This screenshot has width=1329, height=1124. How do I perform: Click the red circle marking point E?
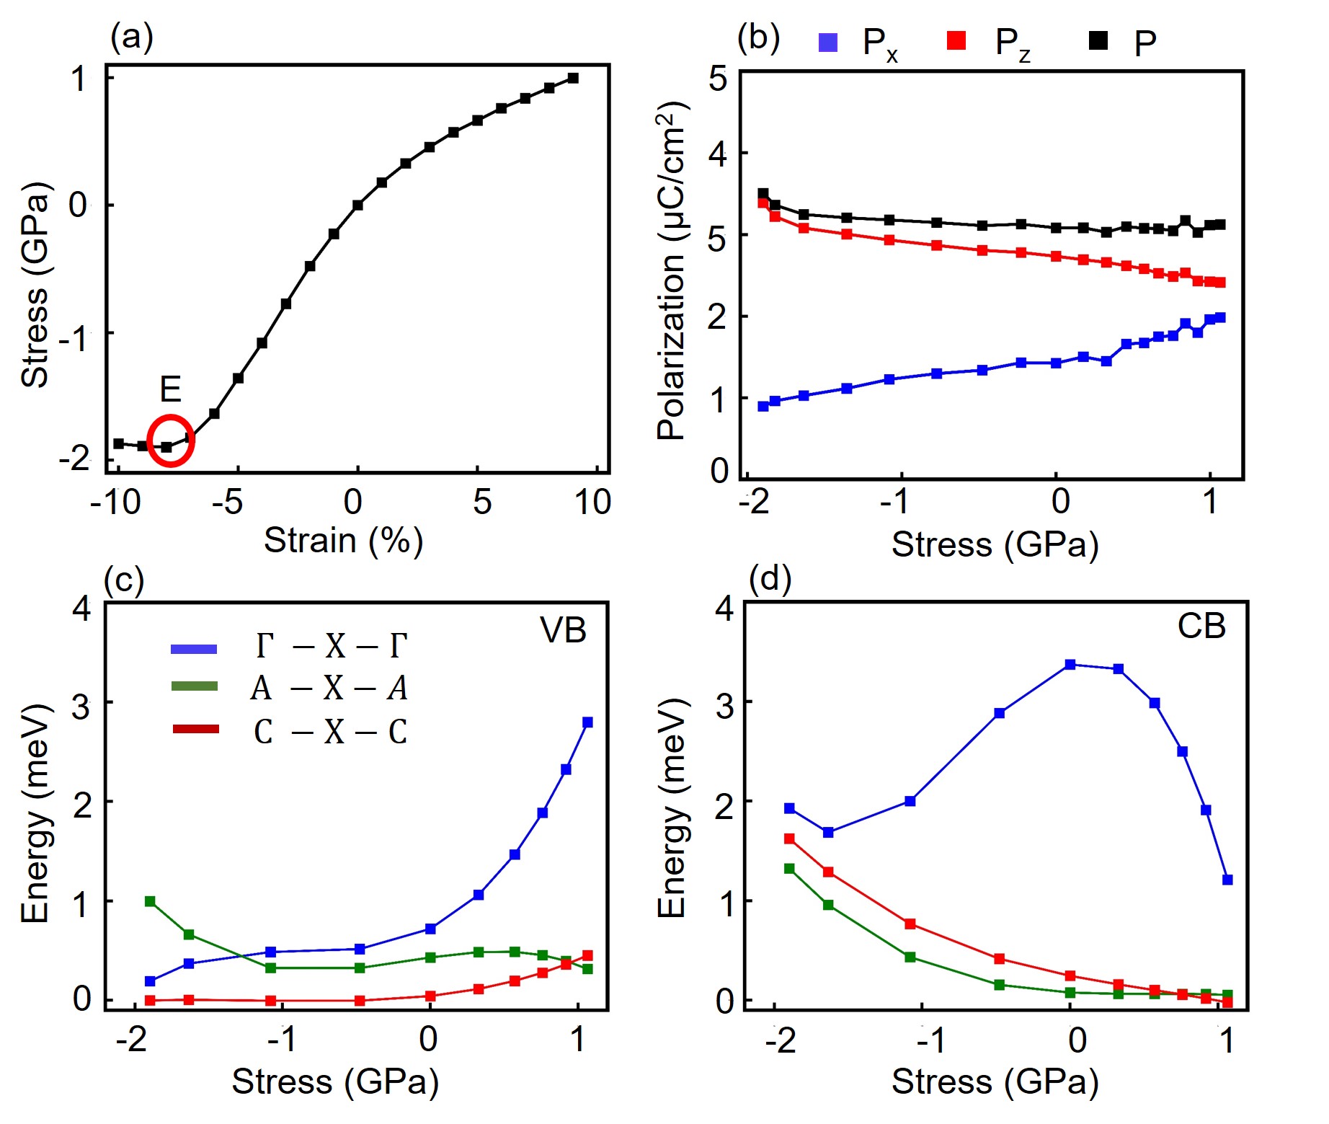tap(171, 441)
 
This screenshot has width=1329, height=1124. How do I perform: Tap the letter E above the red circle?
tap(169, 389)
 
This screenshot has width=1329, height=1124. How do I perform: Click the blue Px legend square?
tap(828, 43)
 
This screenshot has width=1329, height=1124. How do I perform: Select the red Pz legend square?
tap(956, 41)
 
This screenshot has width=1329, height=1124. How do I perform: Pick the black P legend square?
tap(1098, 41)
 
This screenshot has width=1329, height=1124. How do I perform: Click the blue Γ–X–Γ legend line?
tap(194, 649)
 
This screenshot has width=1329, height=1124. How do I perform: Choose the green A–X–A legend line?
tap(194, 686)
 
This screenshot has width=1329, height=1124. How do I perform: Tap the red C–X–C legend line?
tap(195, 730)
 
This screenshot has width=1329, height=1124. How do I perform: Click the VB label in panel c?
tap(563, 631)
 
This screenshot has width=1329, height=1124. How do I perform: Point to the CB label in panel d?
tap(1201, 627)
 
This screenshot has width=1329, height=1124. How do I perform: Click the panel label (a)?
tap(131, 36)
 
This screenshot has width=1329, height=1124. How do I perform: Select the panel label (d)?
tap(770, 578)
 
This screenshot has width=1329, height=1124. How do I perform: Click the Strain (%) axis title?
tap(343, 541)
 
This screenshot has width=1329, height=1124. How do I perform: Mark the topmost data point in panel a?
tap(573, 78)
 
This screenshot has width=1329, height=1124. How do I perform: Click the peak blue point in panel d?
tap(1070, 665)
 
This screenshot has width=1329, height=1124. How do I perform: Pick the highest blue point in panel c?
tap(587, 722)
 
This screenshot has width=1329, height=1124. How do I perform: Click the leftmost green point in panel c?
tap(150, 901)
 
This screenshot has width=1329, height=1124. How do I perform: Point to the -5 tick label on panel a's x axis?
tap(228, 503)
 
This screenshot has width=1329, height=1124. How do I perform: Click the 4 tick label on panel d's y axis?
tap(724, 608)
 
